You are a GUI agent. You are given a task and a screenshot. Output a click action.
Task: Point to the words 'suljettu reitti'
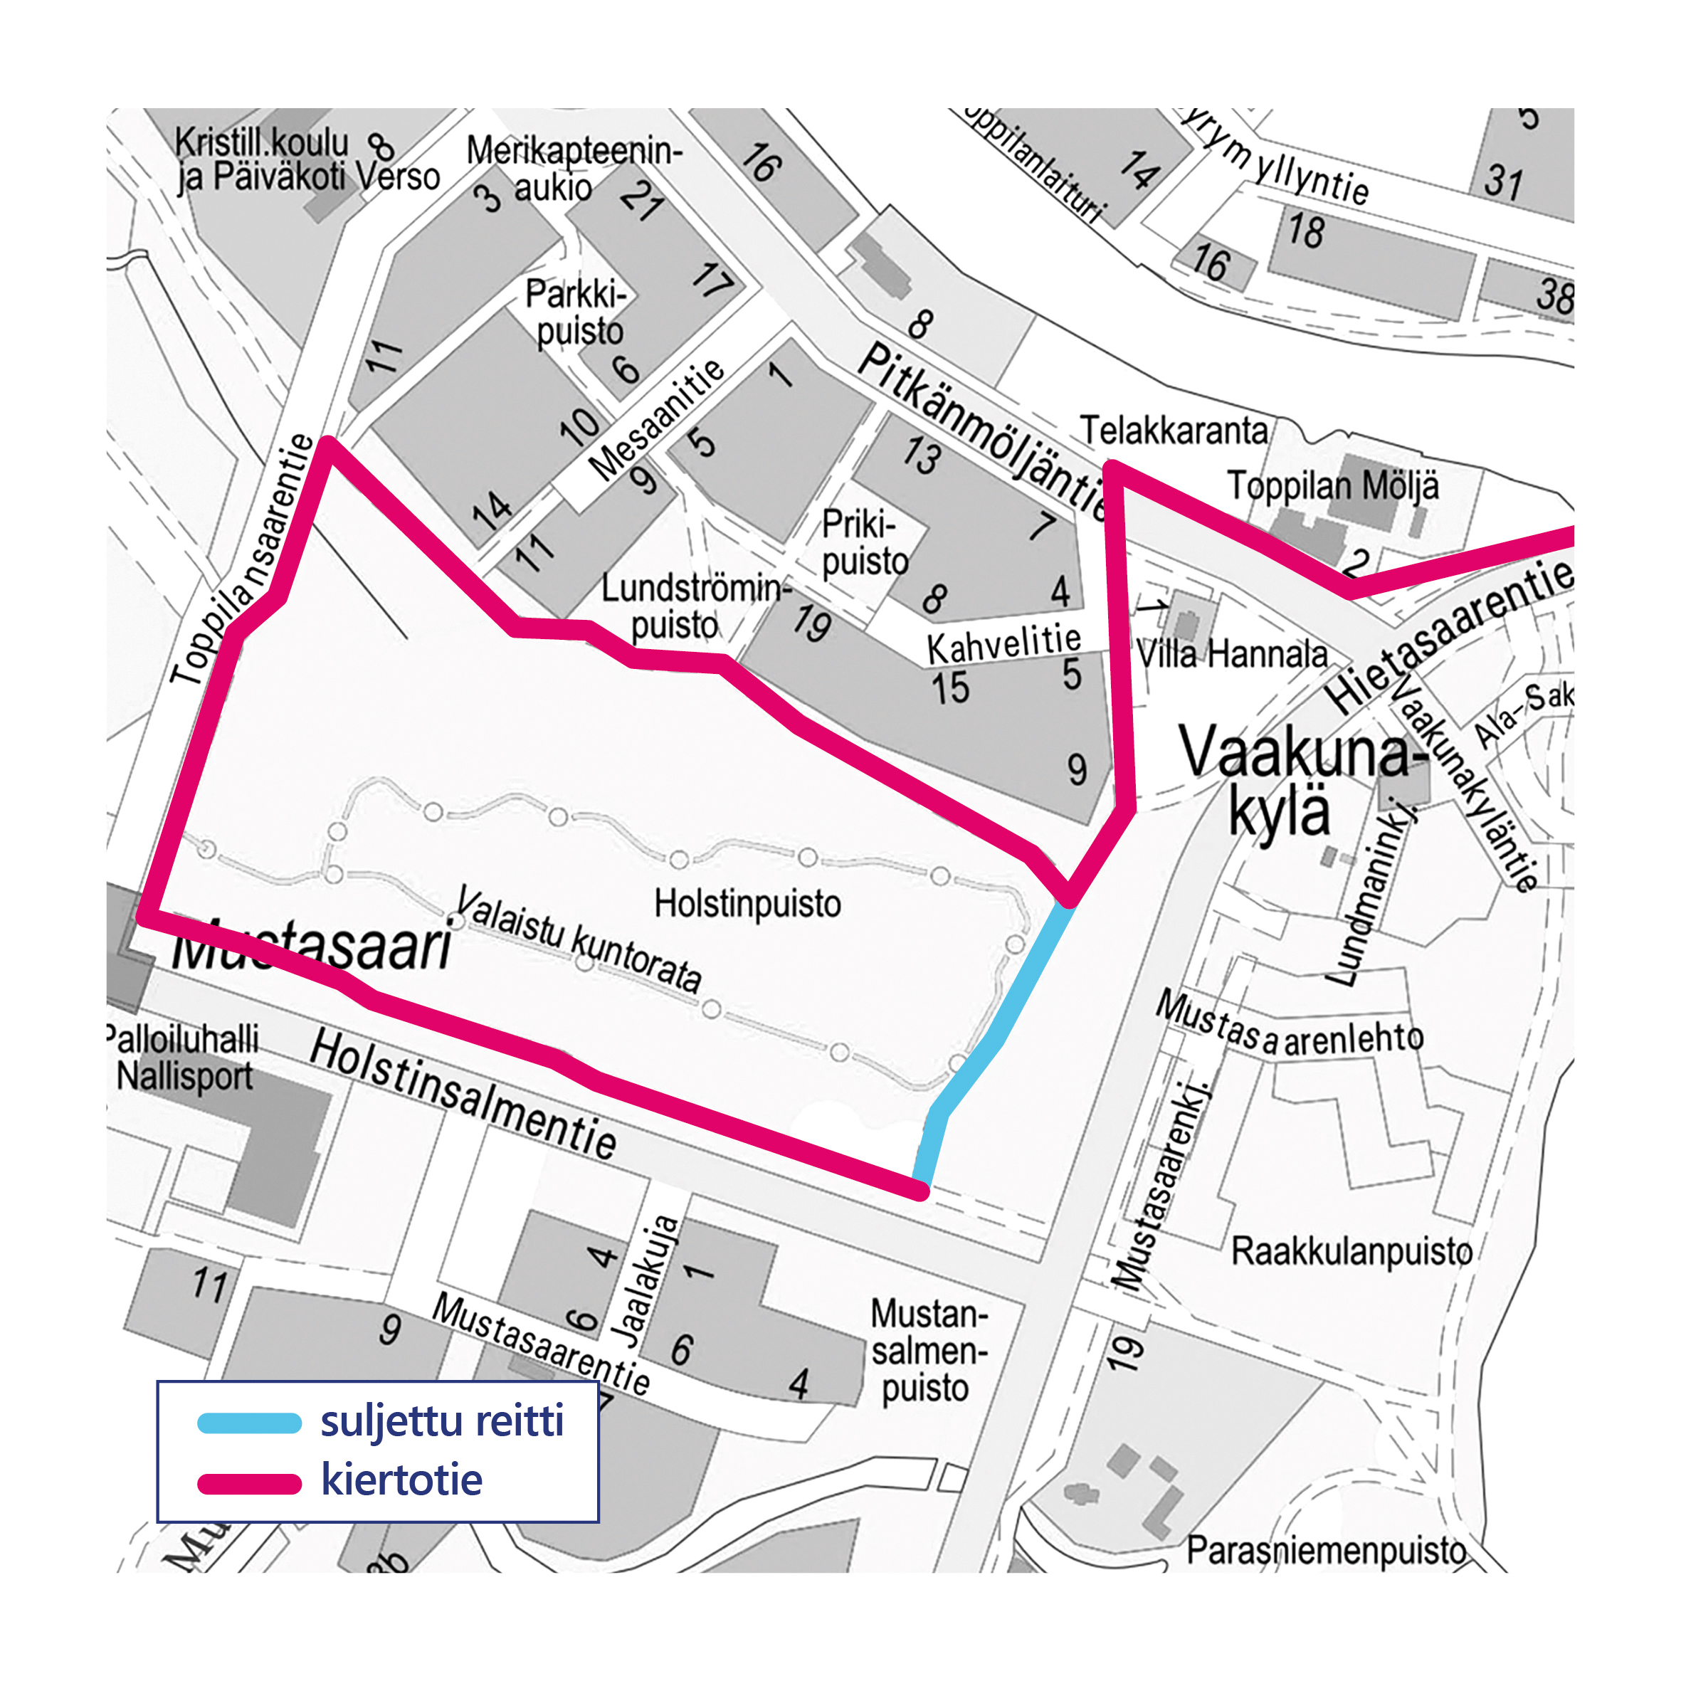(442, 1421)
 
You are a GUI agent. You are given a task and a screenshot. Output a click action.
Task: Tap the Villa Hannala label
(1231, 654)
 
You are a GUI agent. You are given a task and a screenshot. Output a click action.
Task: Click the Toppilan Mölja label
(1332, 485)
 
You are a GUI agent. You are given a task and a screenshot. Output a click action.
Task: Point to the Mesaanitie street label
(657, 419)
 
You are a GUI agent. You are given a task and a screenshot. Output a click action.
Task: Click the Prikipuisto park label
(864, 543)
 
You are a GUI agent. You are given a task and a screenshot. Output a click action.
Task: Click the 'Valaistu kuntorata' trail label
(579, 939)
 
